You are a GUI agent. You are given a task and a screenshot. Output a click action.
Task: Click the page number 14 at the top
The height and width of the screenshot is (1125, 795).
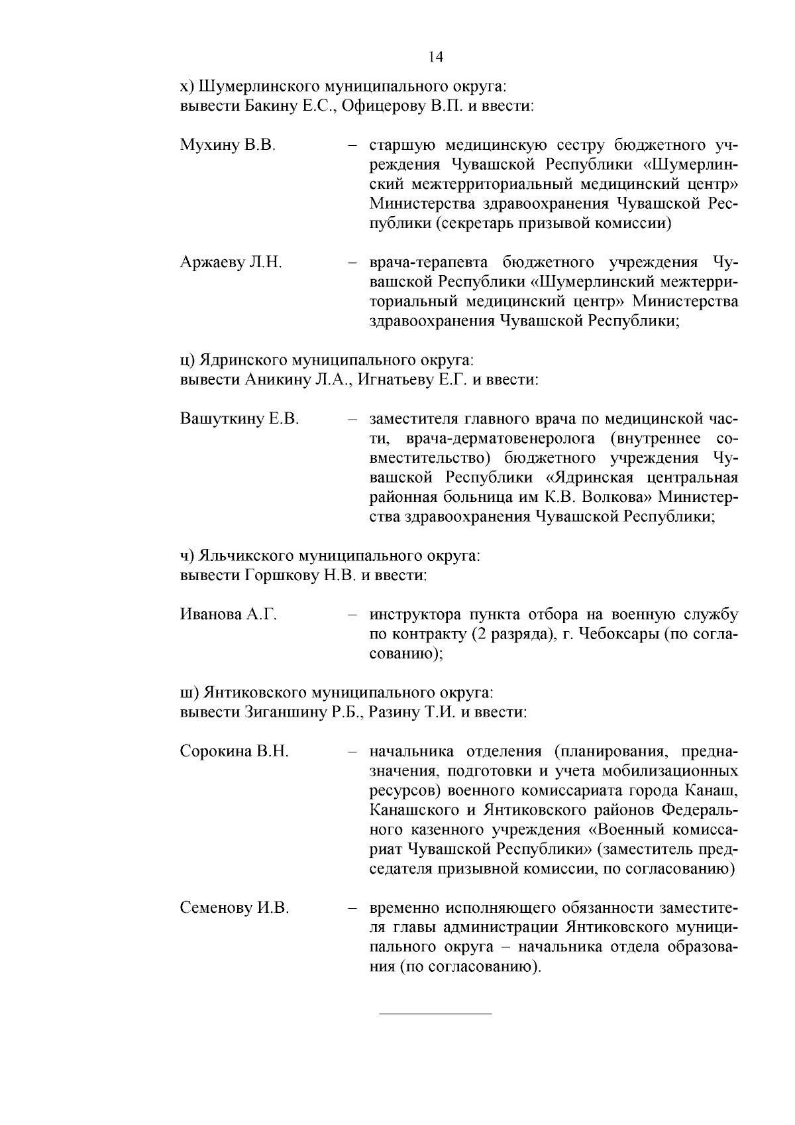pyautogui.click(x=435, y=57)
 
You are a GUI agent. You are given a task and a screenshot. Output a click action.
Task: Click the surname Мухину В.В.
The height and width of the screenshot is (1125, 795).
pyautogui.click(x=227, y=145)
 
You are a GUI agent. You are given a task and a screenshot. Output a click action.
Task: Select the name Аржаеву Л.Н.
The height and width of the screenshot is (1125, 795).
pyautogui.click(x=231, y=263)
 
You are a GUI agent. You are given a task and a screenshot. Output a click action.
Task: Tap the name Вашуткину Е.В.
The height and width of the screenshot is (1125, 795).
pyautogui.click(x=239, y=420)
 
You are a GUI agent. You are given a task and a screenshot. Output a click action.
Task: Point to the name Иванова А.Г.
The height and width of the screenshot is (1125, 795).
pyautogui.click(x=228, y=615)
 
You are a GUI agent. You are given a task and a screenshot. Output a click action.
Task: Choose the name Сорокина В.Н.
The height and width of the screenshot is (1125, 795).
pyautogui.click(x=234, y=752)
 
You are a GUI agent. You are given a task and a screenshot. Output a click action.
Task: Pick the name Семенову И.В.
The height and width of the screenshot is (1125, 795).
pyautogui.click(x=234, y=908)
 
